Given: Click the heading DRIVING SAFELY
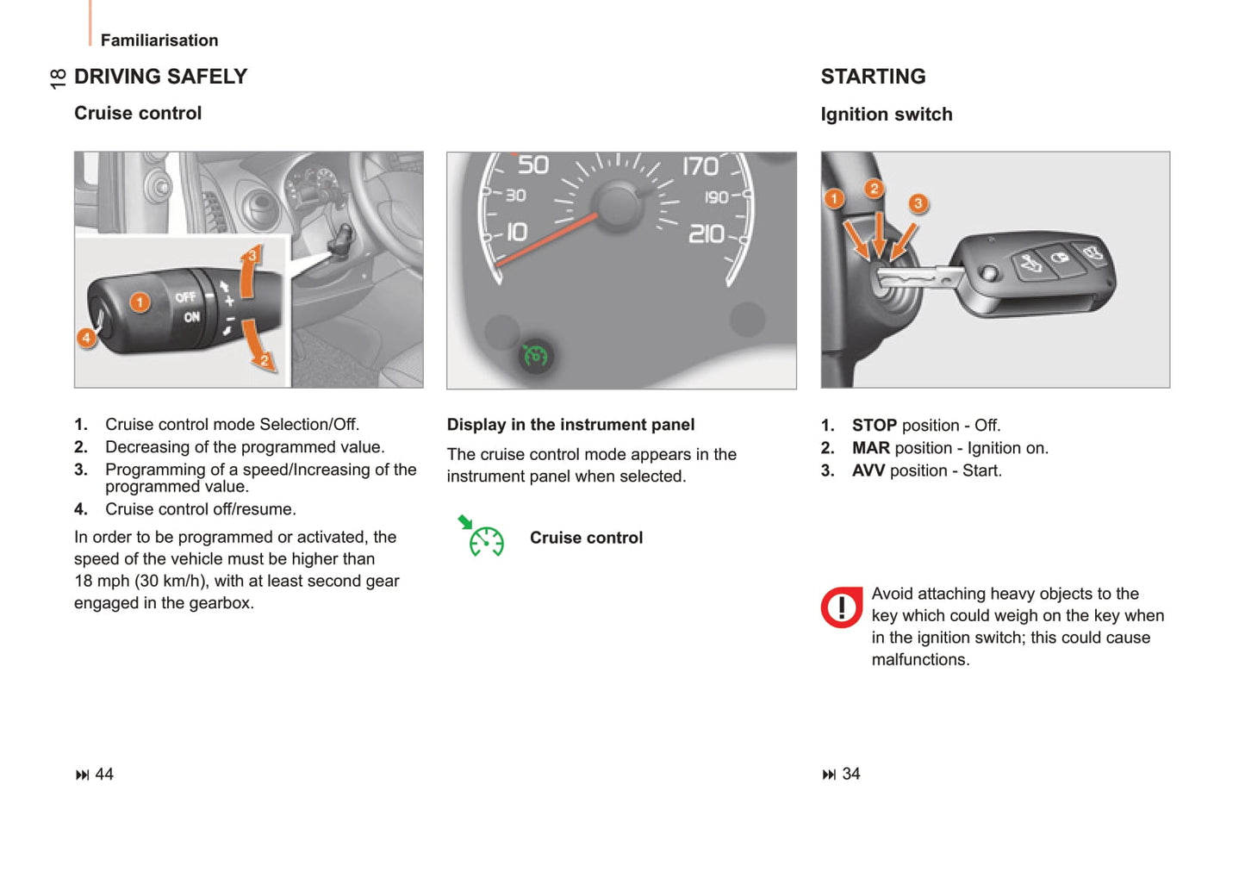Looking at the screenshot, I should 160,77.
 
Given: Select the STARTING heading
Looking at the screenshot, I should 873,77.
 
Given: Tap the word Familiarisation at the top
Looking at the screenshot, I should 159,40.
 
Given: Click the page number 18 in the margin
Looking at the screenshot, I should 58,78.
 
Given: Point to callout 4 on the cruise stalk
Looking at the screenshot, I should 86,338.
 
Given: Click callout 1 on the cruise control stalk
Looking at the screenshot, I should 140,302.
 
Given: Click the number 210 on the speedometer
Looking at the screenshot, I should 706,233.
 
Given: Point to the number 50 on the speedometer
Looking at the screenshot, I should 532,165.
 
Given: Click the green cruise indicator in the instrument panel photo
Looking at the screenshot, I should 535,355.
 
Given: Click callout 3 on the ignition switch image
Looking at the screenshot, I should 918,203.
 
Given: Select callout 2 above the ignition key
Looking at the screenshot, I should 874,189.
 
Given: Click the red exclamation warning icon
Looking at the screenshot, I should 841,607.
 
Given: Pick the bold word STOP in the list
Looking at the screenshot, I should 874,426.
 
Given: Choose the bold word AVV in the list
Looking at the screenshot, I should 868,470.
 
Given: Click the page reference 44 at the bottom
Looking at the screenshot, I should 103,774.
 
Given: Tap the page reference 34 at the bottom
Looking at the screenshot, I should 850,774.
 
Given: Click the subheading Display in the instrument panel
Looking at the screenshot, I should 570,425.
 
